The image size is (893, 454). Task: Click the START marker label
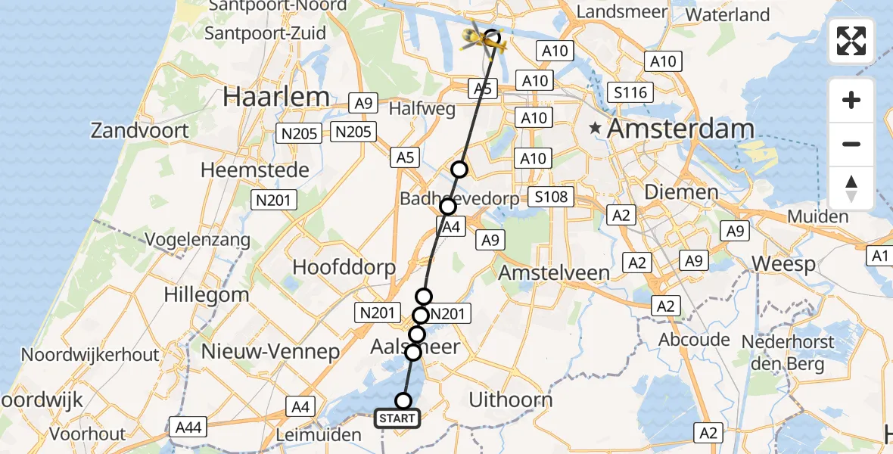click(x=397, y=418)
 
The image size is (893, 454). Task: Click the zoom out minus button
click(x=851, y=144)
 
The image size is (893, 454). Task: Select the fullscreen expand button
click(x=851, y=41)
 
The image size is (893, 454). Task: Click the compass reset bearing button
click(x=851, y=188)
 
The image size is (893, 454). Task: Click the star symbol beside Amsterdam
click(x=596, y=129)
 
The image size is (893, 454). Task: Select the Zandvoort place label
click(x=139, y=130)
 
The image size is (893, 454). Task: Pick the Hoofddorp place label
click(x=344, y=267)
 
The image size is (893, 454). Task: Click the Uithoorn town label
click(x=511, y=400)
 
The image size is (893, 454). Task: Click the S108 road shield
click(x=550, y=197)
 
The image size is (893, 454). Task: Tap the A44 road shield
click(x=188, y=428)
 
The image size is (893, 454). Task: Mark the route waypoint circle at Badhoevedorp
click(x=448, y=206)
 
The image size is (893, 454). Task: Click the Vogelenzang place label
click(x=199, y=241)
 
